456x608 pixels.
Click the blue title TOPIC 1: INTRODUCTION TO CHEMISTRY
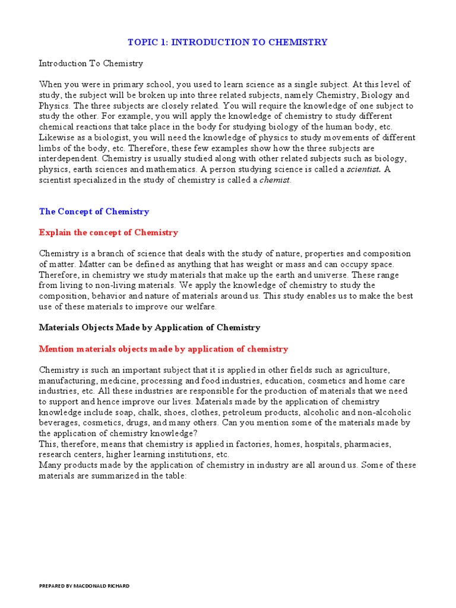pos(228,42)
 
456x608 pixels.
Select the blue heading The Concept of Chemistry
pos(94,211)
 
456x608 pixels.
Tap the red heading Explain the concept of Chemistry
pos(108,232)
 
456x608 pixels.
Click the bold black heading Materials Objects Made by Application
pos(150,327)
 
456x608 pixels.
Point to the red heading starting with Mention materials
pos(163,349)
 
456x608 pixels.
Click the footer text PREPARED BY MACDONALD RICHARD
pos(84,586)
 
